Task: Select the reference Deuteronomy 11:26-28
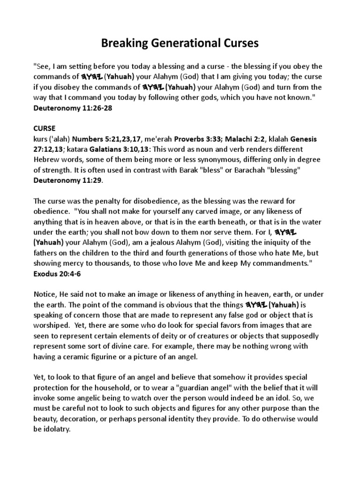(72, 108)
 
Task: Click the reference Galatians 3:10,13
(123, 149)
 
